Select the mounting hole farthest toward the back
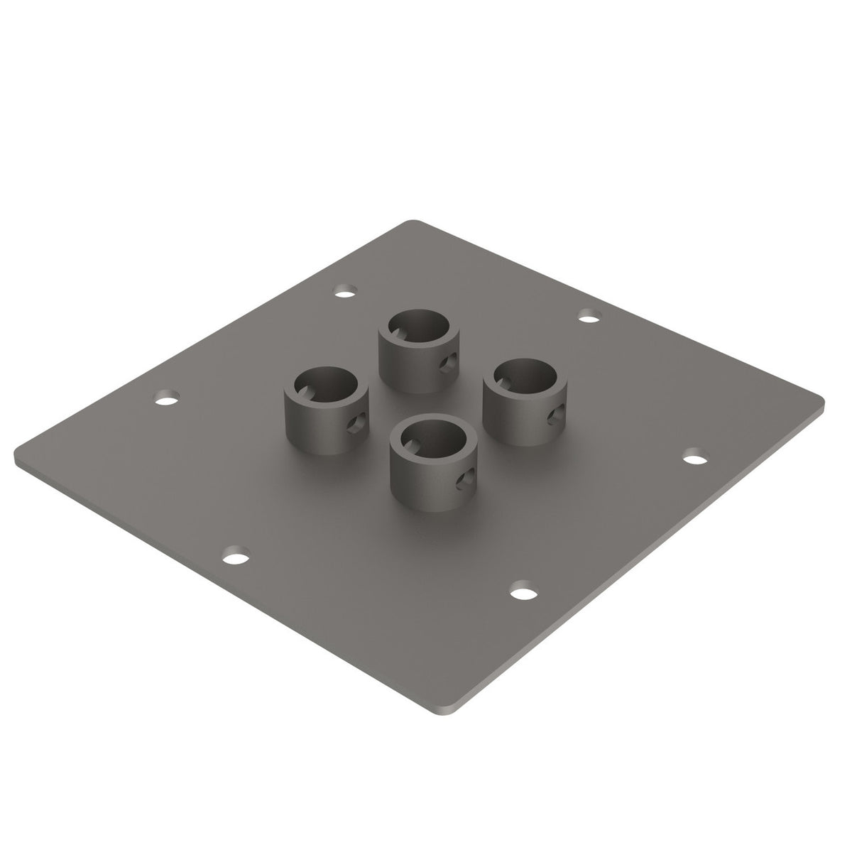345,292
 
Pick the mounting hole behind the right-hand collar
587,316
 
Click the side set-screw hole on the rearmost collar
445,365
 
